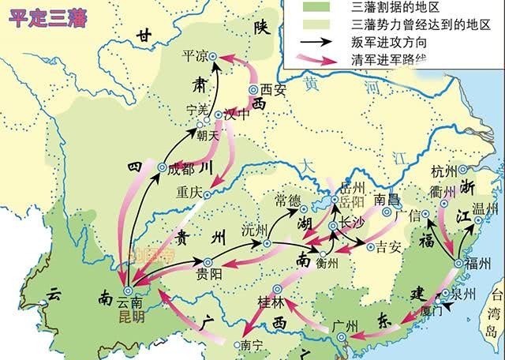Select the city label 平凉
194,56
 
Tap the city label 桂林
271,302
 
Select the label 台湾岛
496,308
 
